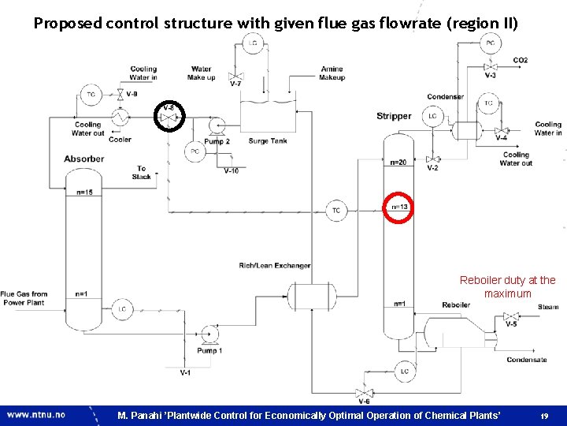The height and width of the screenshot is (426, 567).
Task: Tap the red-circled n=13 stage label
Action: (x=399, y=207)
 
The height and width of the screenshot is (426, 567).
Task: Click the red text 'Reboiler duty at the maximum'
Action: (x=507, y=286)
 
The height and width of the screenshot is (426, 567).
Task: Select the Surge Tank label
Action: (x=267, y=141)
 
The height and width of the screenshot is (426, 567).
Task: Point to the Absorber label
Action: (x=83, y=159)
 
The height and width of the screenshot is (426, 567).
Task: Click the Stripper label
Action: (x=394, y=116)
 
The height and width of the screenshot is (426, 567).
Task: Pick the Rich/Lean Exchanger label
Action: (x=275, y=265)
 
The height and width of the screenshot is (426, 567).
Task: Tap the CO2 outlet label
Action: (x=520, y=60)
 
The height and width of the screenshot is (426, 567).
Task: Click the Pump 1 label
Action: (x=209, y=351)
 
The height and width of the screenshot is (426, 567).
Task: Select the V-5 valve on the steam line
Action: (x=510, y=319)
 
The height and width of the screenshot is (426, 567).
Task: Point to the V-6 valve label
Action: (x=364, y=402)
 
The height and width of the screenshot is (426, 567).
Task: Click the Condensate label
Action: (x=527, y=360)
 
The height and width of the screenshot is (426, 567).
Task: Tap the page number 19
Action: (x=544, y=415)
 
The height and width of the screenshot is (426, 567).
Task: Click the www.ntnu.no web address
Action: (x=37, y=414)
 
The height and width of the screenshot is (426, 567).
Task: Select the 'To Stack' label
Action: (x=142, y=172)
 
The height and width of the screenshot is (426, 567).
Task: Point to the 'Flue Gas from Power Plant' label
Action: (x=24, y=298)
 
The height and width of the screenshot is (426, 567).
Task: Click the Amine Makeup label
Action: (x=332, y=73)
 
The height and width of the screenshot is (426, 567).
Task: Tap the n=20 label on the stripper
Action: (x=398, y=163)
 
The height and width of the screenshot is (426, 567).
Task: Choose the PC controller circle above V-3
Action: (x=490, y=43)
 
